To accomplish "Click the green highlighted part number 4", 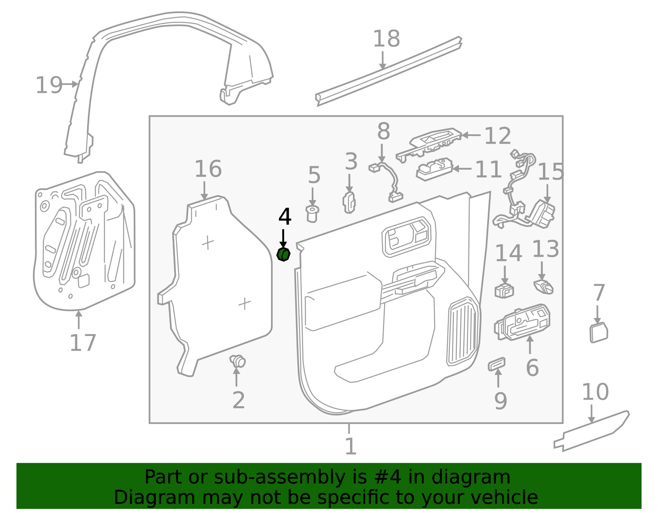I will coord(283,255).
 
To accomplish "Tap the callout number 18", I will coord(386,39).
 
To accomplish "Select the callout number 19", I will coord(49,85).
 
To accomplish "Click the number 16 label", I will coord(208,169).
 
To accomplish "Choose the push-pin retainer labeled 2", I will coord(238,361).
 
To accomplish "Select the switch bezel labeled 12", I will coord(430,143).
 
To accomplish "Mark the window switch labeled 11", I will coord(434,169).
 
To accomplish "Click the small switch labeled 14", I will coord(504,290).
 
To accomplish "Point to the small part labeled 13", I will coord(543,287).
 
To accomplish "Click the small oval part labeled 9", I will coord(496,363).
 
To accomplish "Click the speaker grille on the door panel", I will coord(463,331).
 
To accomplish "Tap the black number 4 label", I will coord(285,217).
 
